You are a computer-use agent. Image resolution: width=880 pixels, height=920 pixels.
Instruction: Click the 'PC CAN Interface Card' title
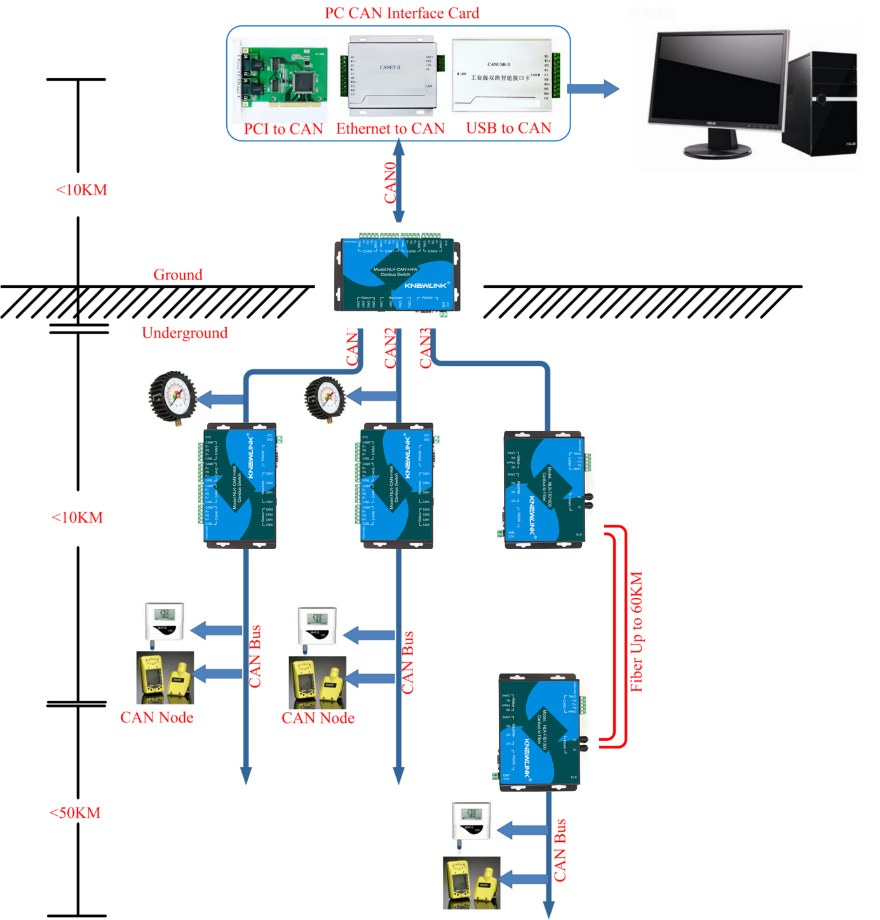[x=402, y=13]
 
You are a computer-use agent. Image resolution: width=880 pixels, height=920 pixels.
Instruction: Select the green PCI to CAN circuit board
[x=284, y=79]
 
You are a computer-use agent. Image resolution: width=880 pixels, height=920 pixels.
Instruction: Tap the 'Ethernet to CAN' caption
[x=390, y=129]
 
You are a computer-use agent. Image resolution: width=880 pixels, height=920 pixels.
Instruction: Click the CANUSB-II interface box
[x=502, y=76]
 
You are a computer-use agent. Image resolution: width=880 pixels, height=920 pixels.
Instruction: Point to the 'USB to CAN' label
[x=508, y=128]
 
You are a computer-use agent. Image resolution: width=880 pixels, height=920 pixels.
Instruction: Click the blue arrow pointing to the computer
[x=592, y=88]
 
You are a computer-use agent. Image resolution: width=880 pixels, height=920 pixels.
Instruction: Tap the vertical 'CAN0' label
[x=390, y=182]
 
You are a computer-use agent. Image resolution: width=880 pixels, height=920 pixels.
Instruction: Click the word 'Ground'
[x=178, y=275]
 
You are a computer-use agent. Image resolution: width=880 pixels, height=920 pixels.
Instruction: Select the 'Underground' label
[x=184, y=333]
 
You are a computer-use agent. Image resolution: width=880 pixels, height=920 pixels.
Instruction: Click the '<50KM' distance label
[x=75, y=813]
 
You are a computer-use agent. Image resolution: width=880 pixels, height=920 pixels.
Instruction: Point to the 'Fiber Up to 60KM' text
[x=637, y=632]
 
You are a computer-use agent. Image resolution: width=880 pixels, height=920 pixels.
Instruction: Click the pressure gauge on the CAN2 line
[x=325, y=399]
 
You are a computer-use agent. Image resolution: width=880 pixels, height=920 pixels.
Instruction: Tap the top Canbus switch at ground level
[x=397, y=276]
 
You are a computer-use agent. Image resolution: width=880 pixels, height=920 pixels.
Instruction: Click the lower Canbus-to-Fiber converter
[x=539, y=733]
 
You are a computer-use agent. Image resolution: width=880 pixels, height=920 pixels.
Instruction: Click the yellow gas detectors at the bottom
[x=471, y=882]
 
